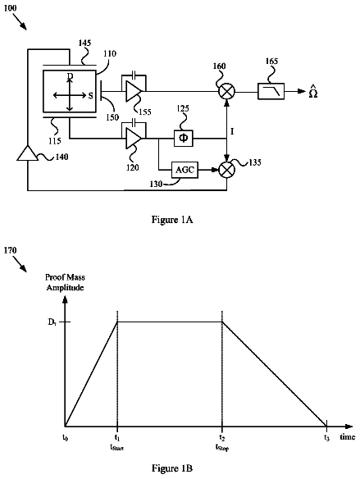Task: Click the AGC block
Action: point(185,170)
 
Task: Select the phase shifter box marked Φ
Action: point(184,138)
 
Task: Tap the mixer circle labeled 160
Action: point(227,91)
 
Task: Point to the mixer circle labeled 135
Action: point(227,170)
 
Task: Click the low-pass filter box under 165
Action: point(271,91)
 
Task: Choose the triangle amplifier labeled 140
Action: point(28,153)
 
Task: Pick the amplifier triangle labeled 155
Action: point(134,91)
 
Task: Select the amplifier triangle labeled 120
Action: point(134,139)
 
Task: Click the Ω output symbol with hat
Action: point(313,92)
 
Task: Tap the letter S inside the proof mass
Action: point(91,96)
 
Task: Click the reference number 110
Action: point(110,54)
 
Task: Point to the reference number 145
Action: point(84,43)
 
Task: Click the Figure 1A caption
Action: point(172,220)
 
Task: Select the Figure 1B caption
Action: point(172,468)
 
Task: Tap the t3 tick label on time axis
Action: point(326,437)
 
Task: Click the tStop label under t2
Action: point(222,448)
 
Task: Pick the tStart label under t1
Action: point(116,448)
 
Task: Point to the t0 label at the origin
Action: point(65,437)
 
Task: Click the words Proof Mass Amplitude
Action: point(65,282)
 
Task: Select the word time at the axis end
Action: point(348,437)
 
